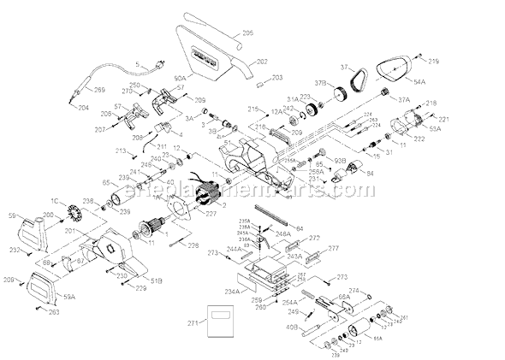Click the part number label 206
point(249,33)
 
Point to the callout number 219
point(434,61)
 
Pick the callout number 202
point(263,61)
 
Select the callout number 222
point(419,139)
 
